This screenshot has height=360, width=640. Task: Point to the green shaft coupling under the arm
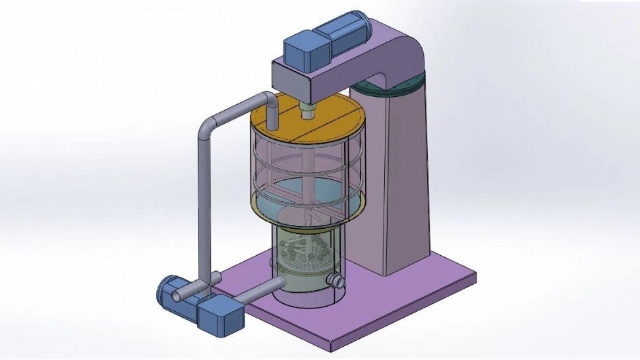308,109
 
